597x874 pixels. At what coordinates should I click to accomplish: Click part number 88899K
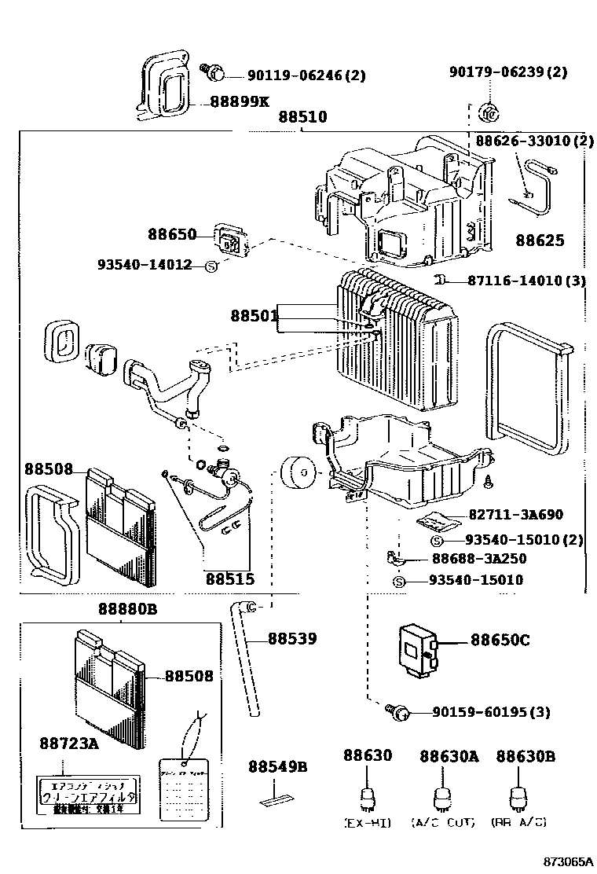[240, 102]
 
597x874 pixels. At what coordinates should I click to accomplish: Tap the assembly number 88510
[302, 117]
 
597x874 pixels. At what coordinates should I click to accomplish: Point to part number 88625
[540, 241]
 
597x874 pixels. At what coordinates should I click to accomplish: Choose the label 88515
[230, 579]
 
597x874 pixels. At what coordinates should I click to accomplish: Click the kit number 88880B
[128, 609]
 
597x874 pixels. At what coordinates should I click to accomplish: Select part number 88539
[292, 639]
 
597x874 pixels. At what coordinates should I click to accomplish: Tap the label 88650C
[500, 640]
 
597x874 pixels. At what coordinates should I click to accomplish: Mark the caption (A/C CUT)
[443, 822]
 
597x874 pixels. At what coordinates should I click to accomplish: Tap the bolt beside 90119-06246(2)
[212, 73]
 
